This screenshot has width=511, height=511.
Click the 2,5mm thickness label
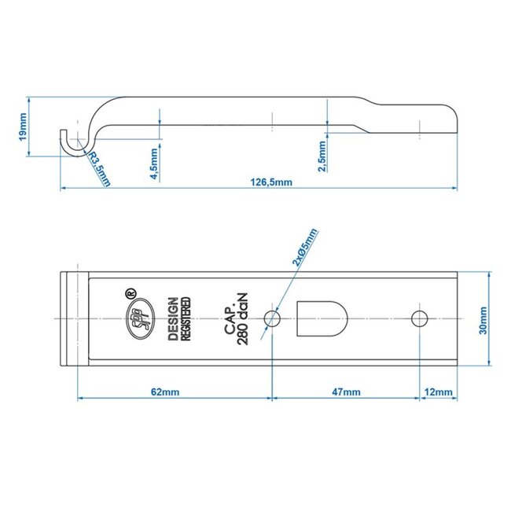click(322, 154)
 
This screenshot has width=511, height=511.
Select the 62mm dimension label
click(174, 391)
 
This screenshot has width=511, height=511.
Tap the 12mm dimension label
click(438, 391)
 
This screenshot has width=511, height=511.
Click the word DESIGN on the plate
click(172, 318)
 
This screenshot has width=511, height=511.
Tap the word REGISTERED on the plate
click(186, 318)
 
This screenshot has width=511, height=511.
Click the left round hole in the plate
click(273, 318)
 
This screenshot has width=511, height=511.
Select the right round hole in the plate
click(419, 318)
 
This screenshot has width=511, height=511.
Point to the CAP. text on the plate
click(227, 318)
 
